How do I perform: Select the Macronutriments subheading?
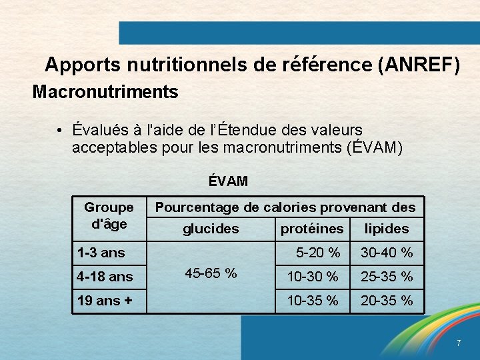[x=105, y=91]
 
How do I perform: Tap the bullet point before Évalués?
[x=60, y=129]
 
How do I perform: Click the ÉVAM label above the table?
[x=227, y=181]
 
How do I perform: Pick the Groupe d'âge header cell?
[x=109, y=215]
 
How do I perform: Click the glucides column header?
[x=211, y=229]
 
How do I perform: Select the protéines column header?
[x=312, y=229]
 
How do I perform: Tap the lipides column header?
[x=386, y=229]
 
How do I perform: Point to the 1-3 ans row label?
[x=101, y=253]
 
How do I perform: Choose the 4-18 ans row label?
[x=105, y=276]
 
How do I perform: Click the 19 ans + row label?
[x=105, y=301]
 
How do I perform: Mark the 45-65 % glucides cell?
[x=211, y=273]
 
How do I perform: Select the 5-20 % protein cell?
[x=318, y=253]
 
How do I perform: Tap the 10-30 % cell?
[x=312, y=276]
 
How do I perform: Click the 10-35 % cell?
[x=312, y=301]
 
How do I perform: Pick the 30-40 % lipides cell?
[x=387, y=253]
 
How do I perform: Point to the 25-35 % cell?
[x=387, y=276]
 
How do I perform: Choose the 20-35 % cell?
[x=387, y=301]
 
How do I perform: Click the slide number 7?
[x=459, y=343]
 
